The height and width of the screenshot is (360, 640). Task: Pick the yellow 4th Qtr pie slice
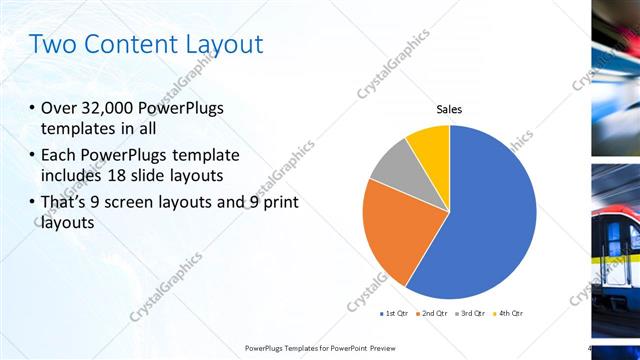[x=431, y=142]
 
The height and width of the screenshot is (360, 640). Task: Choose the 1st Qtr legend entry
[x=396, y=313]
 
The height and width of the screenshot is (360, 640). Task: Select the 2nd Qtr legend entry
[x=432, y=313]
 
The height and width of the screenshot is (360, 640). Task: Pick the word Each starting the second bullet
[x=59, y=155]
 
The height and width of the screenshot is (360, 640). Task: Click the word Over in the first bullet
[x=60, y=109]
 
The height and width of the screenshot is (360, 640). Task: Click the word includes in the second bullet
[x=76, y=177]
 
